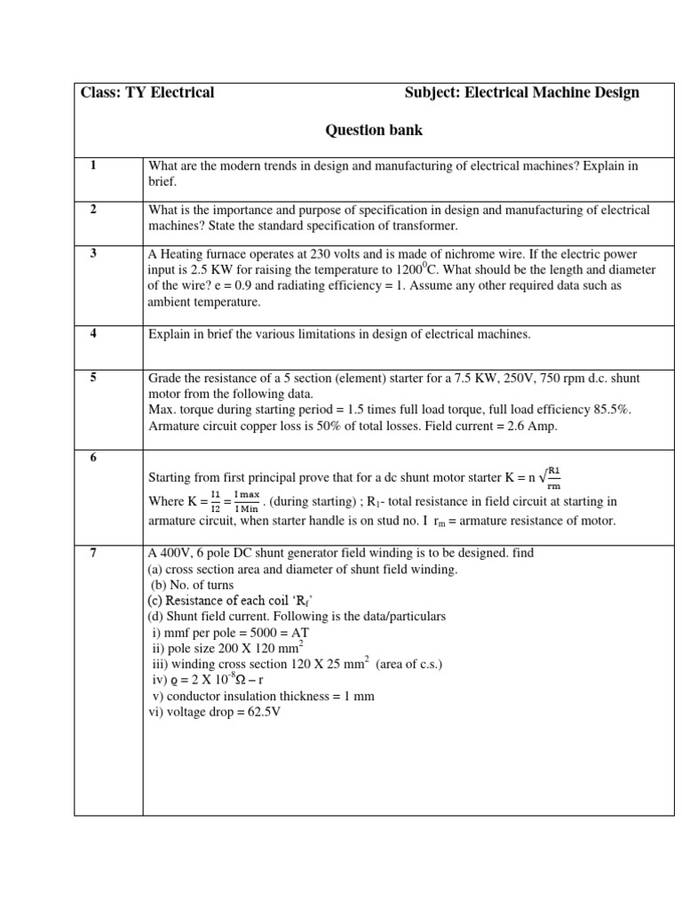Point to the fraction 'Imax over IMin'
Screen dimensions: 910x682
pyautogui.click(x=247, y=502)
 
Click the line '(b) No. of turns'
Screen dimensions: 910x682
pyautogui.click(x=191, y=584)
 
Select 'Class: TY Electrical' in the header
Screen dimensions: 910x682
pyautogui.click(x=147, y=92)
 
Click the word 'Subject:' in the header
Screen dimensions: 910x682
pyautogui.click(x=432, y=92)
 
